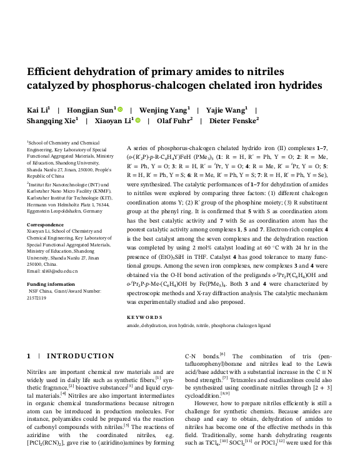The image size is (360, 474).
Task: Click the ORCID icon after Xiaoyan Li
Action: [137, 121]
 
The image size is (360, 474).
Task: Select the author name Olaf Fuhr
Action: [173, 121]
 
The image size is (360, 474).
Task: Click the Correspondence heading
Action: [46, 224]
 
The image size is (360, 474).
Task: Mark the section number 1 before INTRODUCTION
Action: [29, 356]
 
